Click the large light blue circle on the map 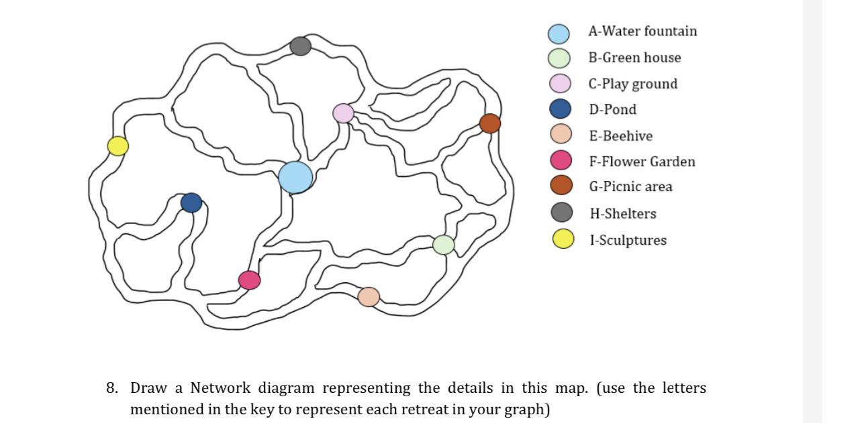tap(295, 178)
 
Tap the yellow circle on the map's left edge tap(118, 145)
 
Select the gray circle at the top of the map tap(301, 46)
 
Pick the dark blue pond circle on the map tap(191, 202)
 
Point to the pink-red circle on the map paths tap(249, 280)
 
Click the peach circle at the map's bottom tap(369, 296)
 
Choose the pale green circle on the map tap(443, 245)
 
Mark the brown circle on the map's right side tap(490, 123)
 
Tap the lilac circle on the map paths tap(343, 113)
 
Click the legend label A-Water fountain tap(642, 32)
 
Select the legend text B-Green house tap(634, 58)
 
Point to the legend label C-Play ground tap(633, 84)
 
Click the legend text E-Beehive tap(620, 136)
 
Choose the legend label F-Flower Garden tap(642, 162)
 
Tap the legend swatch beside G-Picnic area tap(561, 186)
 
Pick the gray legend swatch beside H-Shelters tap(562, 213)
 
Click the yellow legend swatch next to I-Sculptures tap(563, 239)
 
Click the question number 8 tap(112, 388)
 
